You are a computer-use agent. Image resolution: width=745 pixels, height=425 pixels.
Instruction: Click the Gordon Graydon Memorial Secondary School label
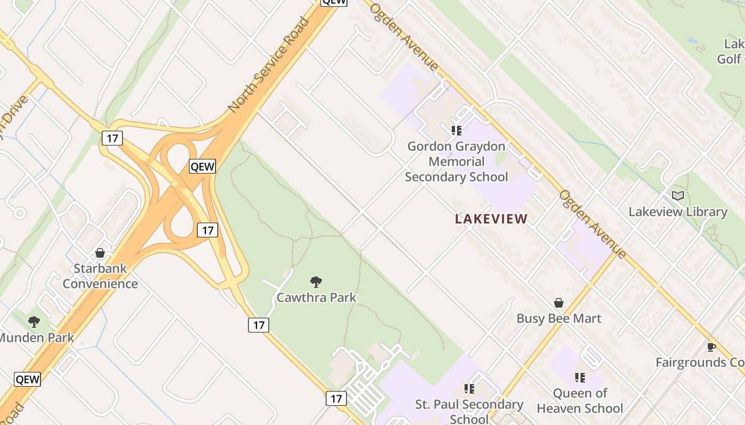[456, 161]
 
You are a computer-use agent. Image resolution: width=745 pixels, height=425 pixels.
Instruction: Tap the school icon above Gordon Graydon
[456, 130]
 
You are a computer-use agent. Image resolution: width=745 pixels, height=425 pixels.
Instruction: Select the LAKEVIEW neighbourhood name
[491, 219]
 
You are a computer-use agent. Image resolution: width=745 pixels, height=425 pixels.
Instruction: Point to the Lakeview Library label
[677, 212]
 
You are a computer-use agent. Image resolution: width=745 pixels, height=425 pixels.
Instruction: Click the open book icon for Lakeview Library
[677, 196]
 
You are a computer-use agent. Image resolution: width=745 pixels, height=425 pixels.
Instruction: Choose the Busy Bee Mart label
[559, 319]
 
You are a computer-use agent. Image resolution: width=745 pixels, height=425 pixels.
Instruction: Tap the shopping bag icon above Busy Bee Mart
[559, 303]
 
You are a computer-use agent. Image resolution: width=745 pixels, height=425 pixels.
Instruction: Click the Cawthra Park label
[316, 297]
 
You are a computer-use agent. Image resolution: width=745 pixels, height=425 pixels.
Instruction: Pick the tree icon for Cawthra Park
[316, 282]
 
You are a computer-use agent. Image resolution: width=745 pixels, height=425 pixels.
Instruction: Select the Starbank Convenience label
[100, 276]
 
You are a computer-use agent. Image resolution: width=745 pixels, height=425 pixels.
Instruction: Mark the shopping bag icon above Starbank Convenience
[100, 253]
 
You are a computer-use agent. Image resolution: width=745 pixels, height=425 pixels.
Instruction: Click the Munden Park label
[36, 337]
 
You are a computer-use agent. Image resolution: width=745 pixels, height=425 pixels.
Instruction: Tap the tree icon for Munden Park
[34, 321]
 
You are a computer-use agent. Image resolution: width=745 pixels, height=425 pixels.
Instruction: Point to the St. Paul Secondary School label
[469, 411]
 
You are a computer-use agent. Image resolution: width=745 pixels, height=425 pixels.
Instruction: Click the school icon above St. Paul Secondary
[469, 389]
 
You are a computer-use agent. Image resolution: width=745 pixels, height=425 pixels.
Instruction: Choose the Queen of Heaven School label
[580, 401]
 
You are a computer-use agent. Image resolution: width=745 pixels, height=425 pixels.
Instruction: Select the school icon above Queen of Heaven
[580, 378]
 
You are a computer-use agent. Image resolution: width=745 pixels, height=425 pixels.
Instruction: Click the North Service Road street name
[268, 65]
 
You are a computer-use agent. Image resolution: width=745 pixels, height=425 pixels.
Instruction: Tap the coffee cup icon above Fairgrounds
[711, 347]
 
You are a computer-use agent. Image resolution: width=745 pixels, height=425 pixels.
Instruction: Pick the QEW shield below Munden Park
[27, 379]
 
